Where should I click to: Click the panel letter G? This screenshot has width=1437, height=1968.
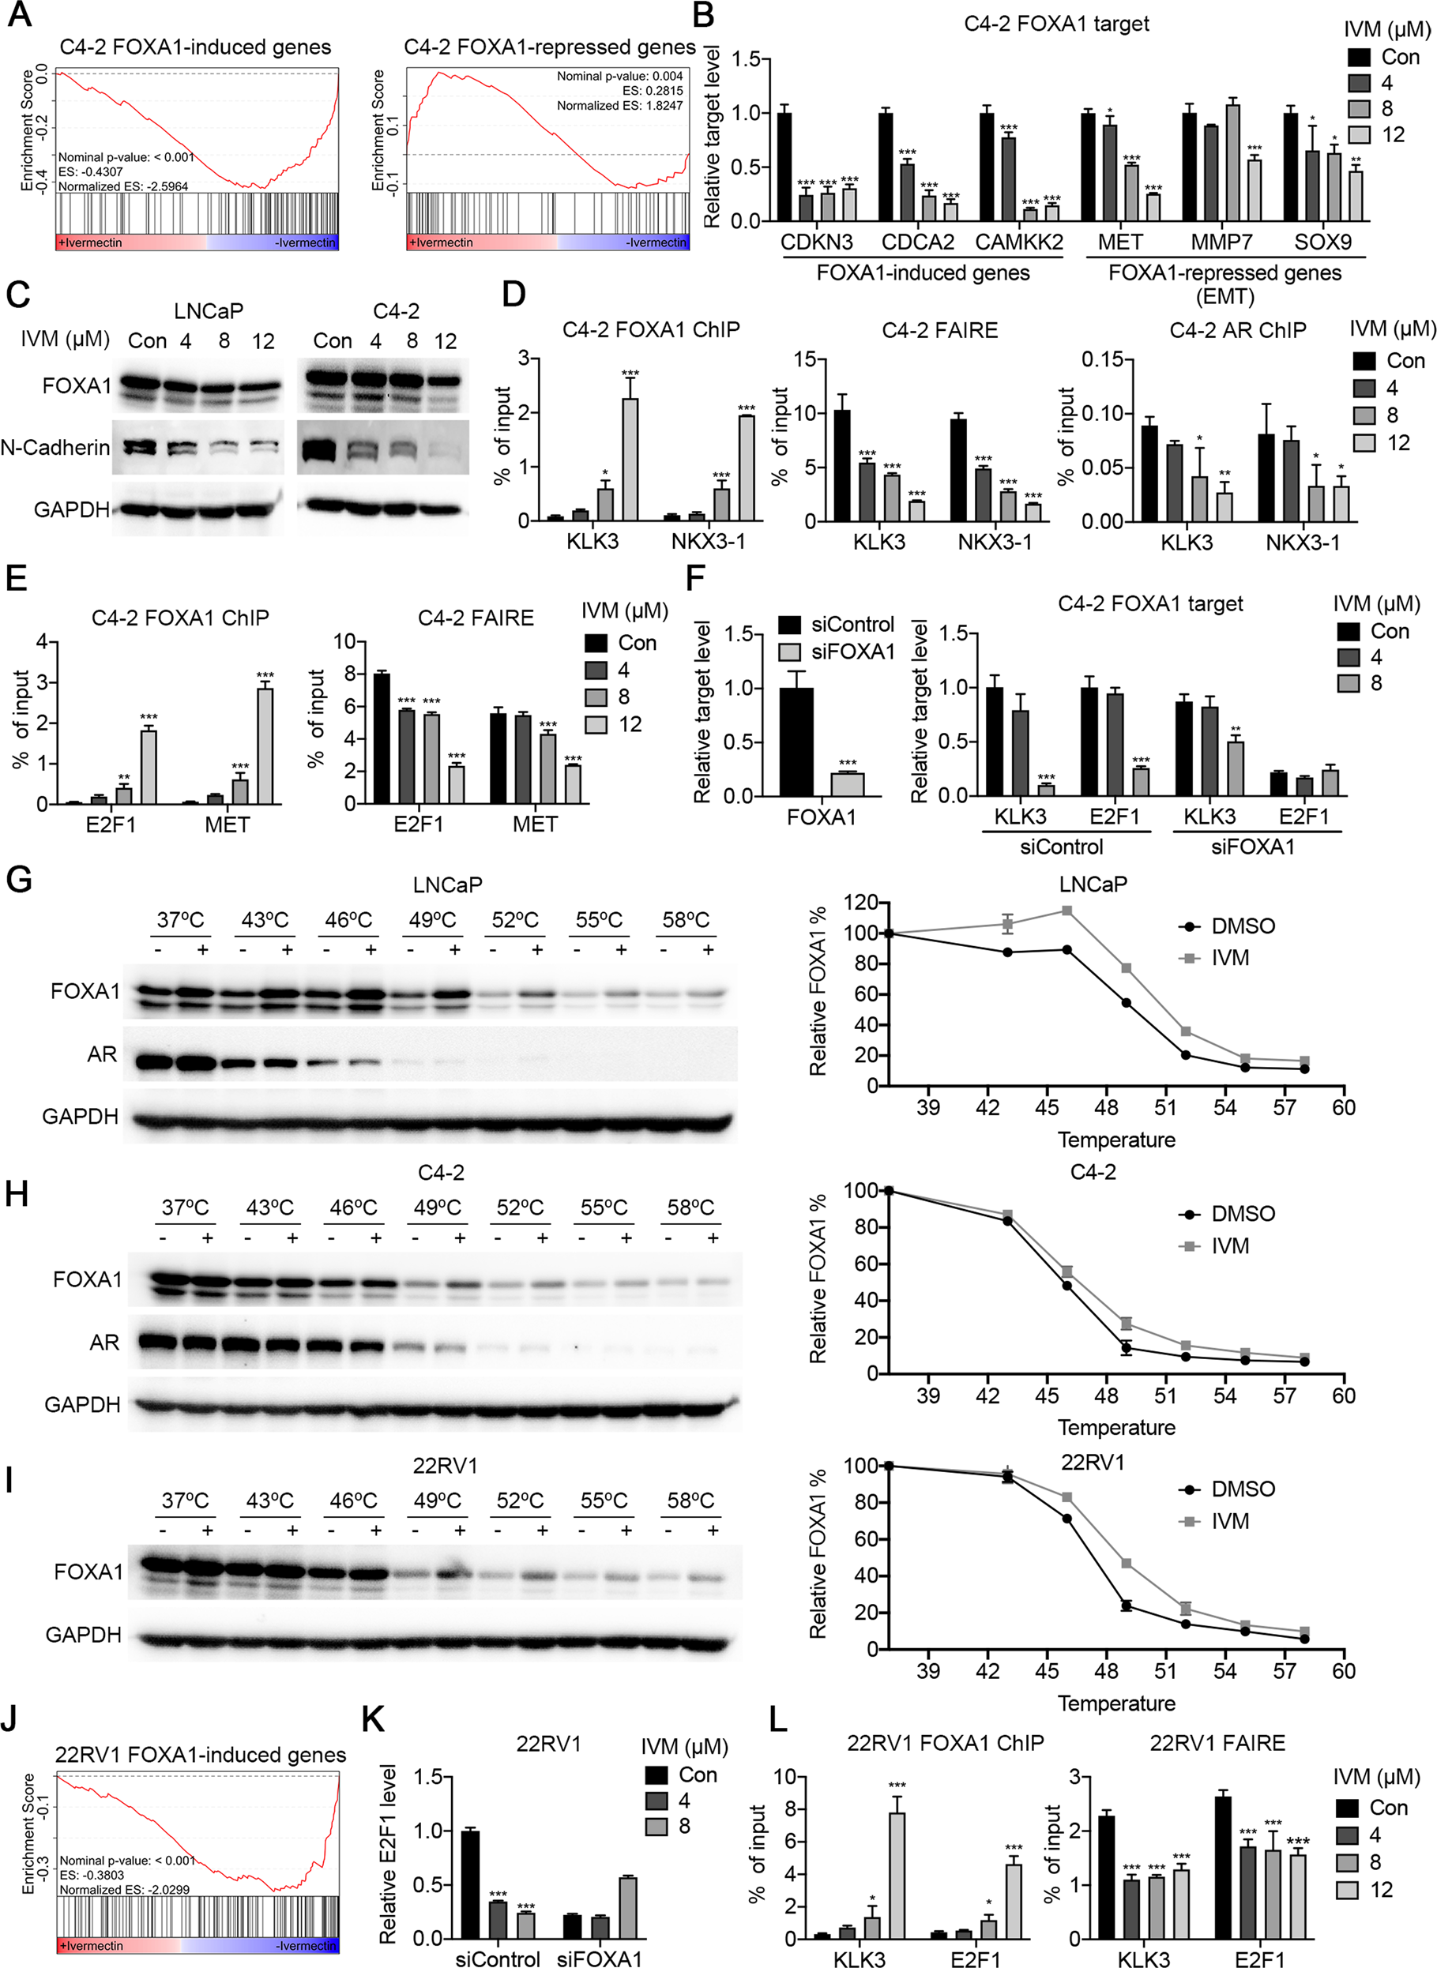coord(18,879)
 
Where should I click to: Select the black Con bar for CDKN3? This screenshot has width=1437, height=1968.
coord(784,166)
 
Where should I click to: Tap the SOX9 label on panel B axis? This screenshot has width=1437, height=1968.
coord(1322,242)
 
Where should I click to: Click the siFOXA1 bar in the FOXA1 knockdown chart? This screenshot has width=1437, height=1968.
coord(847,783)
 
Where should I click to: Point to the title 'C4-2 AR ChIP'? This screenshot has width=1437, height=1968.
coord(1237,330)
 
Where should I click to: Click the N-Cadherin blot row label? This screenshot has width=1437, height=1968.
coord(55,448)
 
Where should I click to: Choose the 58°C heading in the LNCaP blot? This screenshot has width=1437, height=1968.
coord(686,920)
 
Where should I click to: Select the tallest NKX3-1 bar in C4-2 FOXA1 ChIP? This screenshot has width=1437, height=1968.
coord(747,468)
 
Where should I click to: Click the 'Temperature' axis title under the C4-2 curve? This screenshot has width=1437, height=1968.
coord(1116,1427)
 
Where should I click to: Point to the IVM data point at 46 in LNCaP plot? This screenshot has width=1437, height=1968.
coord(1066,911)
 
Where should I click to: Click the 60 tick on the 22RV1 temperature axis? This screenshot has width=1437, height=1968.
coord(1343,1670)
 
